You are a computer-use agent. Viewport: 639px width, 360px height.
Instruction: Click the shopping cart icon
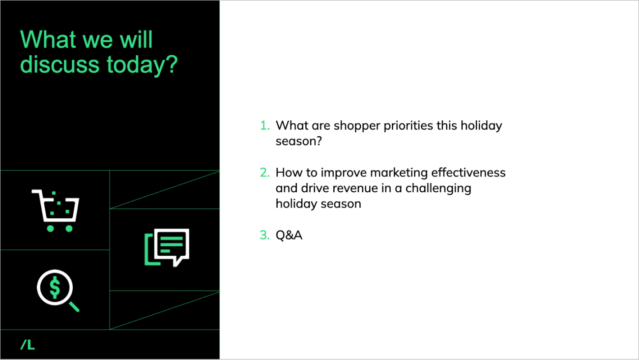click(56, 210)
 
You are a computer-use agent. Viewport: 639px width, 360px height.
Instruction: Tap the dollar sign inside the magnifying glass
click(55, 288)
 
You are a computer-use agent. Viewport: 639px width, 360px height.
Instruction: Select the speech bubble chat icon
click(167, 247)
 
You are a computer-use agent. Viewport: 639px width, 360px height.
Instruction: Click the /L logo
click(28, 345)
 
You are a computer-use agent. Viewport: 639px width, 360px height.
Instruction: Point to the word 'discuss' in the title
click(59, 64)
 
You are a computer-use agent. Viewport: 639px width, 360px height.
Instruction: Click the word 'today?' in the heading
click(142, 65)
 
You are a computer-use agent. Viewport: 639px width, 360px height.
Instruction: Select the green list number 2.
click(265, 173)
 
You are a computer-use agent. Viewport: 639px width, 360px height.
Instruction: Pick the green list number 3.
click(265, 235)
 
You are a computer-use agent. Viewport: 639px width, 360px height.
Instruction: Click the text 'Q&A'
click(289, 235)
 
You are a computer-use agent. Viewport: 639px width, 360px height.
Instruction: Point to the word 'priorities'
click(408, 126)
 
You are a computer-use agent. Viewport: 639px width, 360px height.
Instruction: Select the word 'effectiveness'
click(468, 173)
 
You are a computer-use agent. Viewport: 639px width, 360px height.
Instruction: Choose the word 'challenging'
click(438, 189)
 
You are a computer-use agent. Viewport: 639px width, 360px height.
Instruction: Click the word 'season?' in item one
click(299, 141)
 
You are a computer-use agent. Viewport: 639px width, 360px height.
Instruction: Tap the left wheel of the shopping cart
click(50, 228)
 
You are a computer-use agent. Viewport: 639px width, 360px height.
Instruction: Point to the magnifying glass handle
click(74, 306)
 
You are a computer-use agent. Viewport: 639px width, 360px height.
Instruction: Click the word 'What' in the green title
click(48, 40)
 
